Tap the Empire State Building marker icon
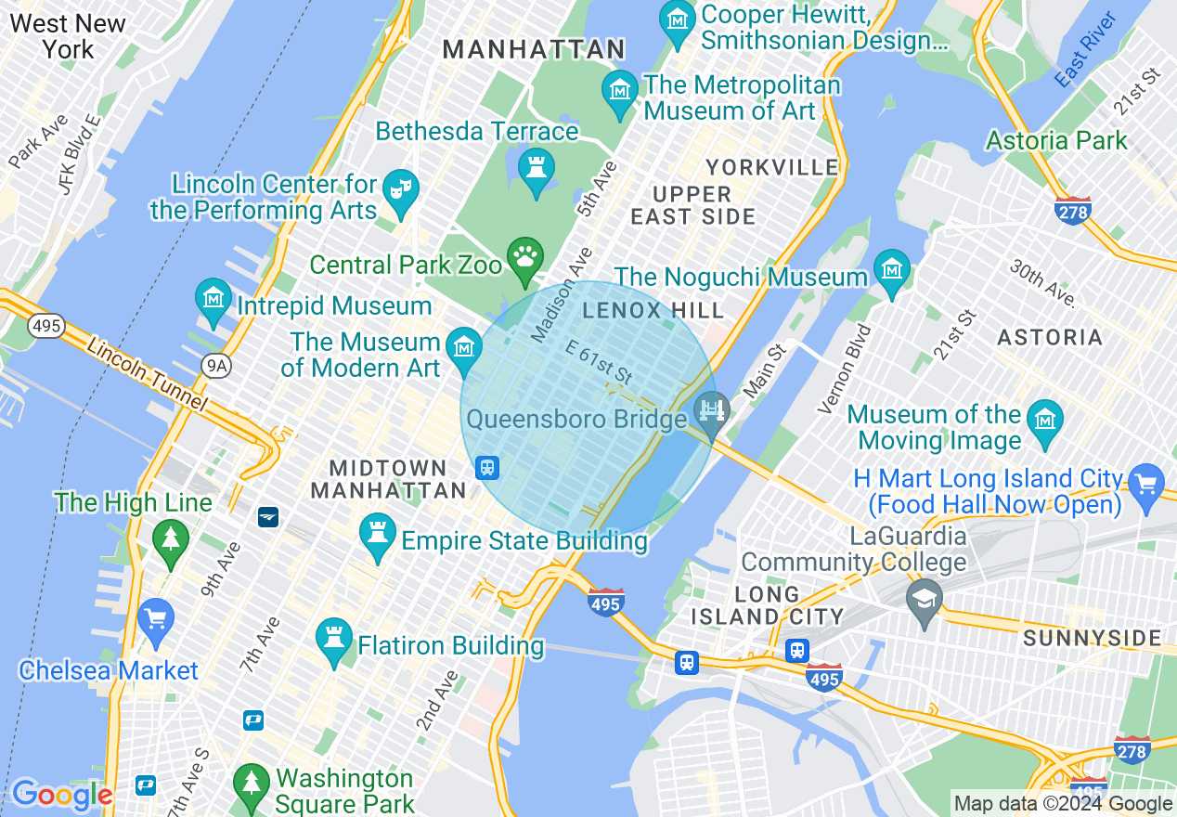(x=377, y=535)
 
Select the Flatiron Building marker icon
(x=334, y=640)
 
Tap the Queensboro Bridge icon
(x=712, y=410)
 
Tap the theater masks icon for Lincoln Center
(x=401, y=190)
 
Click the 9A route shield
(x=216, y=366)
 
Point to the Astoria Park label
(x=1056, y=141)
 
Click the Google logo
(x=61, y=795)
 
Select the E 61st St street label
(x=599, y=362)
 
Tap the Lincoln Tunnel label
(x=149, y=373)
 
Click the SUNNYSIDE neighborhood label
(x=1092, y=638)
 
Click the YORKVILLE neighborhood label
(x=771, y=167)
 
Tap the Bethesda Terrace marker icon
(x=536, y=170)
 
